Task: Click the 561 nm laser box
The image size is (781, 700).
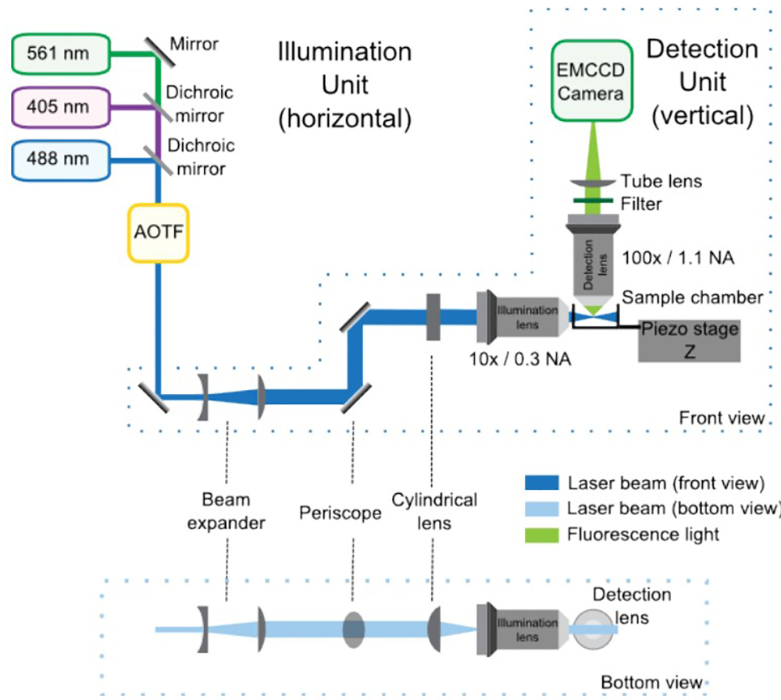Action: (58, 54)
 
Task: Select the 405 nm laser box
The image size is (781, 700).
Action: (58, 106)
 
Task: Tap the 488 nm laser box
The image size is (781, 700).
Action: (58, 160)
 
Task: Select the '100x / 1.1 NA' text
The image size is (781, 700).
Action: (679, 256)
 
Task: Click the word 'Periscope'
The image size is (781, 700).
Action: (341, 513)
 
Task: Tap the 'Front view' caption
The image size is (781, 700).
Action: (722, 418)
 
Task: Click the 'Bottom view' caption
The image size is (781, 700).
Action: (651, 684)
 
